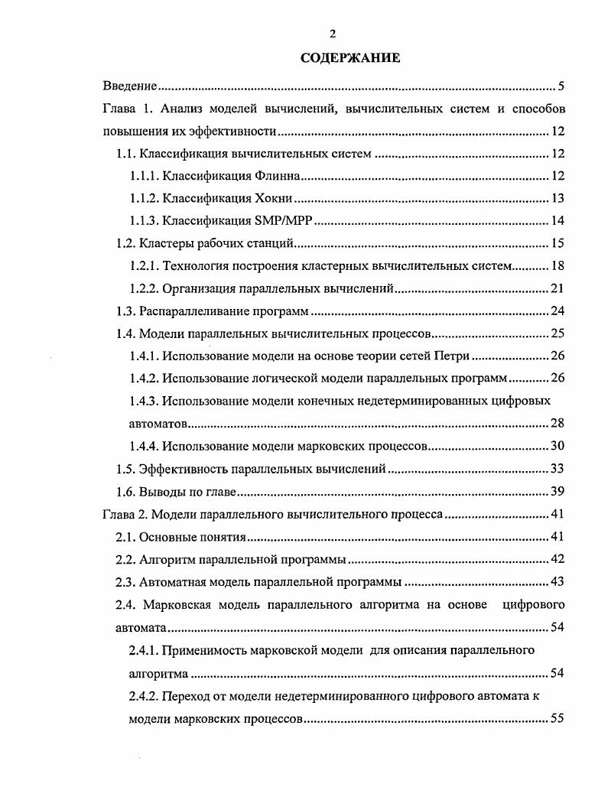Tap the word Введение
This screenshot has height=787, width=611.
tap(129, 86)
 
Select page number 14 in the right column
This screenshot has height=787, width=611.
tap(557, 222)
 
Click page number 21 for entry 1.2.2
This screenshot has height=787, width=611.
tap(557, 288)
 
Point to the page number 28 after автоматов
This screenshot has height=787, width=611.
tap(557, 423)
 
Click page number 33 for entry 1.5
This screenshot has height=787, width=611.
tap(557, 468)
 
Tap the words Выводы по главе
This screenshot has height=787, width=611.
tap(187, 491)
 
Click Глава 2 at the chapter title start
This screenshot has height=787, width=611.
tap(122, 514)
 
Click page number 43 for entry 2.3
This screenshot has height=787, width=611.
tap(557, 581)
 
